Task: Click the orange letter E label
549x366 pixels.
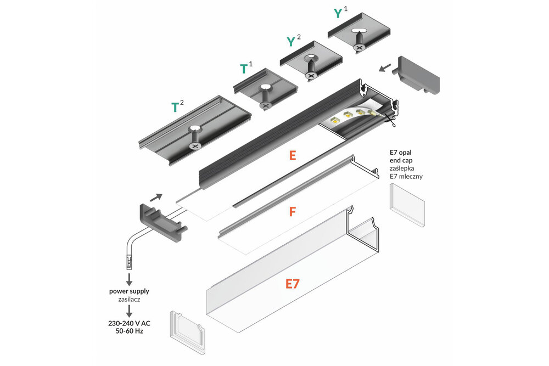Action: pyautogui.click(x=292, y=155)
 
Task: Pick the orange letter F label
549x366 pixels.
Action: pyautogui.click(x=292, y=211)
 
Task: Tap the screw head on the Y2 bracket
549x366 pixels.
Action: pyautogui.click(x=311, y=75)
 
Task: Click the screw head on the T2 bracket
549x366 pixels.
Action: pyautogui.click(x=195, y=146)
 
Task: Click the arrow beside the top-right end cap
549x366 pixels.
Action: pyautogui.click(x=385, y=67)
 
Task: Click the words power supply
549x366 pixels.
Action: pyautogui.click(x=129, y=291)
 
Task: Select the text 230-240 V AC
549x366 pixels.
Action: pyautogui.click(x=129, y=323)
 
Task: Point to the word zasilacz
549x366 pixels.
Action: pyautogui.click(x=129, y=300)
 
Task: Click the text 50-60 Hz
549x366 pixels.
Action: pyautogui.click(x=129, y=331)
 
